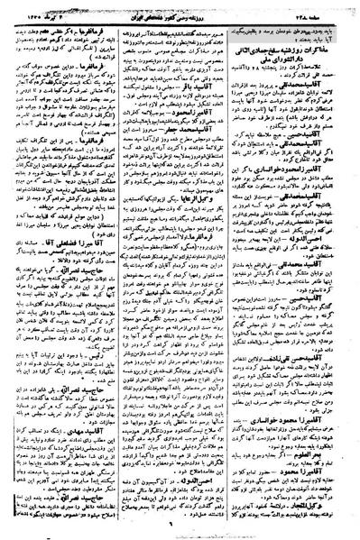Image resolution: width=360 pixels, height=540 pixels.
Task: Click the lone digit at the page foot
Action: point(181,529)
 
